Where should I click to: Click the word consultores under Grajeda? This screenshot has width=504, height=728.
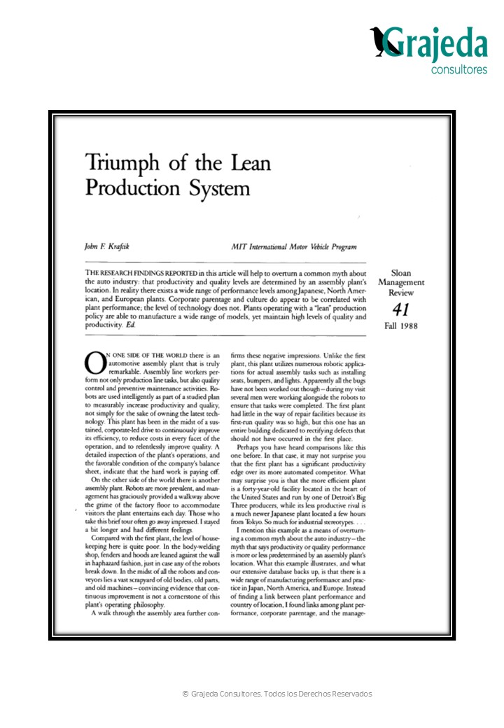[x=458, y=70]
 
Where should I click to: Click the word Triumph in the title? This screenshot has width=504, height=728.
[x=118, y=164]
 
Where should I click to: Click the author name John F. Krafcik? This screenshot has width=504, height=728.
[x=107, y=246]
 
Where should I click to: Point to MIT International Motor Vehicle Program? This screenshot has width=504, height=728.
[x=293, y=246]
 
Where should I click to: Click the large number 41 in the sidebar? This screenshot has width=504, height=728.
[x=401, y=310]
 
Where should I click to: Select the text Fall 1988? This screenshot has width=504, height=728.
[x=401, y=326]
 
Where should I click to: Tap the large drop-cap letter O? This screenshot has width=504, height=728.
[x=94, y=363]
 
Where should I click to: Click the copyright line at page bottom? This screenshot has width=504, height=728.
[x=277, y=694]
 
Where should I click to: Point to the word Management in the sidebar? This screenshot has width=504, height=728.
[x=401, y=282]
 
